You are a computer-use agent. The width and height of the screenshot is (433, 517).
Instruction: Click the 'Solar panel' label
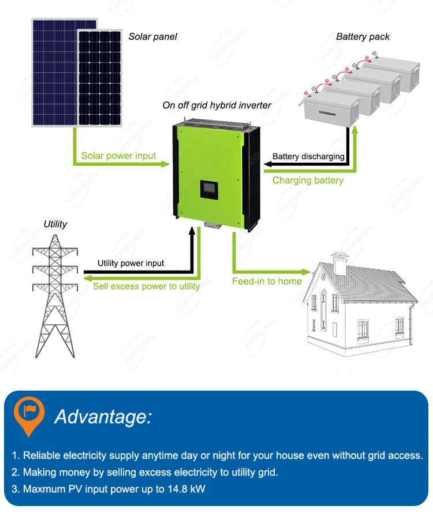coord(152,36)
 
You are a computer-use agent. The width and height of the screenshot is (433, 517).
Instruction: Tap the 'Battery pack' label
coord(363,36)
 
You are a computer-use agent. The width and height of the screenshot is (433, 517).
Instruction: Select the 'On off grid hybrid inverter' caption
coord(216,105)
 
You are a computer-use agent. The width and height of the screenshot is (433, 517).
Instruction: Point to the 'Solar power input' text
coord(118,156)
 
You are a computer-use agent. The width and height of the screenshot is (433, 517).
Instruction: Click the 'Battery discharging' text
coord(308,156)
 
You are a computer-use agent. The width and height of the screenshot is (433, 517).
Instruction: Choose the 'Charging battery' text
coord(308,181)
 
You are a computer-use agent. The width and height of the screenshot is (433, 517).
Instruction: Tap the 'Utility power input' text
coord(130,263)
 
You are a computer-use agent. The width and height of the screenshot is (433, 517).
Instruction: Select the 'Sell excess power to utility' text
coord(147,286)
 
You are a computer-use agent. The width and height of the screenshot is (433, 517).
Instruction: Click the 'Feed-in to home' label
coord(267,281)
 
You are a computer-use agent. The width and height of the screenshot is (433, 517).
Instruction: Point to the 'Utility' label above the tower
coord(55,224)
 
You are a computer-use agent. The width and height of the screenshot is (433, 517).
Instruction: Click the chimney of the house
coord(339,264)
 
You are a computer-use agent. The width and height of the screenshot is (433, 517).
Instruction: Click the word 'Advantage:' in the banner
coord(103,416)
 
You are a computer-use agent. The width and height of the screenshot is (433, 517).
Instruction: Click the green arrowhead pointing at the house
coord(306,271)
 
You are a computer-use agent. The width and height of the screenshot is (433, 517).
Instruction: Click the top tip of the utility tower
coord(55,234)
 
